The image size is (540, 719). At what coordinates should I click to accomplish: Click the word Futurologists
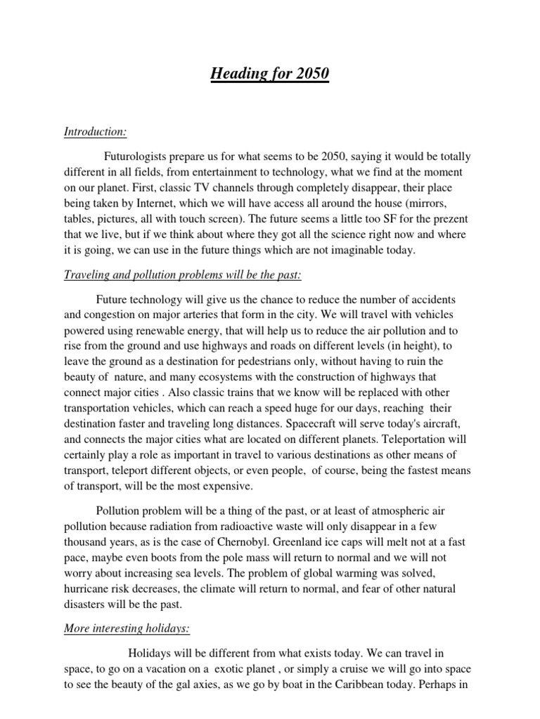pos(139,156)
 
